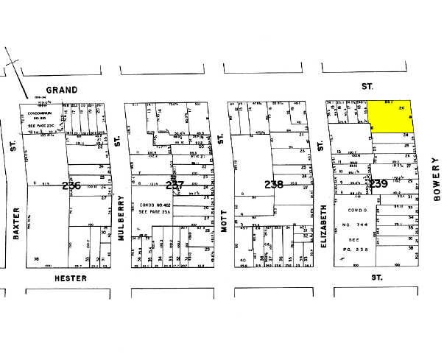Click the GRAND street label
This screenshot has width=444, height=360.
click(65, 90)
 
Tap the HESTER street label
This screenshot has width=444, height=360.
click(71, 279)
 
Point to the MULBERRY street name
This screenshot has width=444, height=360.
click(116, 219)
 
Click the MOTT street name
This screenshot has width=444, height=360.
click(220, 220)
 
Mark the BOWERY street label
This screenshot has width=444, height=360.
click(435, 184)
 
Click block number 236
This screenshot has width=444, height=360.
click(71, 186)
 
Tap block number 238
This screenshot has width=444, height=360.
click(274, 185)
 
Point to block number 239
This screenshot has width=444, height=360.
click(378, 184)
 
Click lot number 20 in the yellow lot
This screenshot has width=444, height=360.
click(401, 108)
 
